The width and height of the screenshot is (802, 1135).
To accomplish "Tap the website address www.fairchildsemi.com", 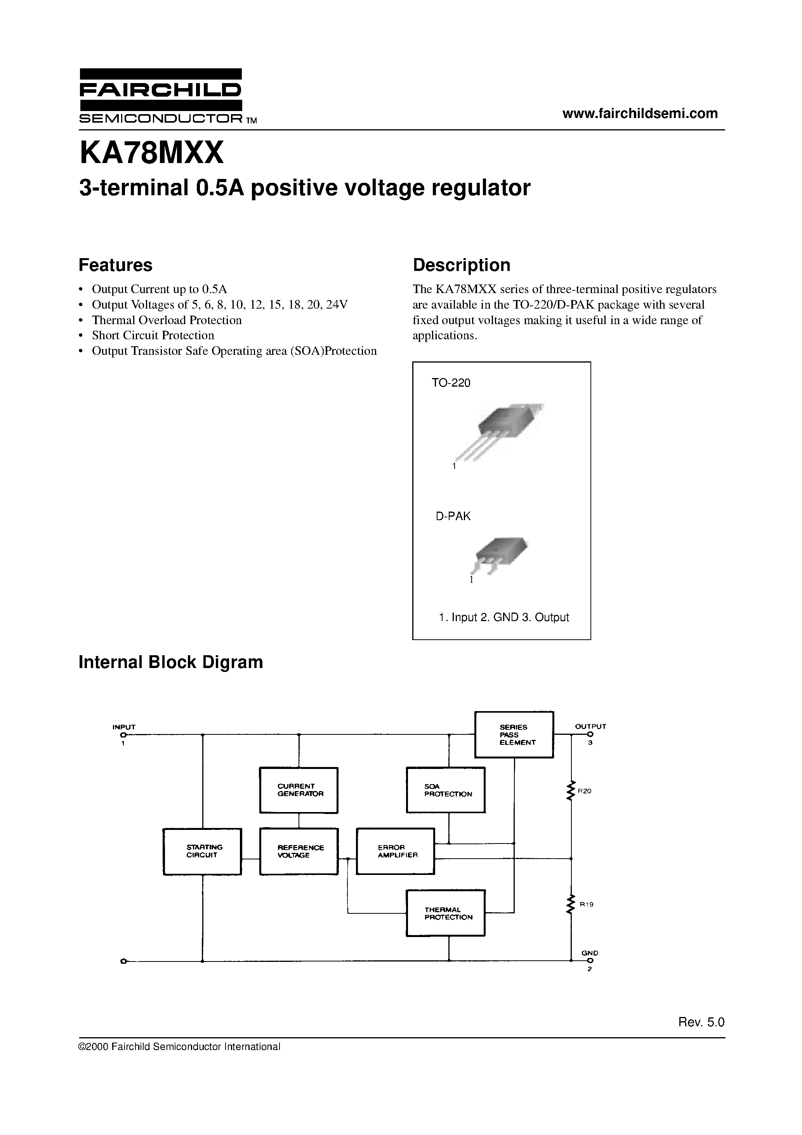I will point(640,113).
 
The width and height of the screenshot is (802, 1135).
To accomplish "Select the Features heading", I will point(115,265).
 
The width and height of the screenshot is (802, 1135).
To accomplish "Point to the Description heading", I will point(461,265).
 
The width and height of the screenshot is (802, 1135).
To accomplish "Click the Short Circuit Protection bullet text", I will point(153,335).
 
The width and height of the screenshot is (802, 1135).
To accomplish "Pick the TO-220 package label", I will point(451,383).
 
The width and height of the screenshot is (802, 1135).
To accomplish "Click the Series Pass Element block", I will point(514,734).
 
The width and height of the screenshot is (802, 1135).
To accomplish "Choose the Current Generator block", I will point(299,790).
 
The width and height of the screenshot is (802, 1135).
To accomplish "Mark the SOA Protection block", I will point(446,790).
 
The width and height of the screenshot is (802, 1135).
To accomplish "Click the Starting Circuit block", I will point(202,851).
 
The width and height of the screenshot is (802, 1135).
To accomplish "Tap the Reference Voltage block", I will point(299,851).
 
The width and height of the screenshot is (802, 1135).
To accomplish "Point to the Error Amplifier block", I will point(396,851).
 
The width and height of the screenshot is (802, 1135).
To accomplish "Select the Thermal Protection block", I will point(446,913).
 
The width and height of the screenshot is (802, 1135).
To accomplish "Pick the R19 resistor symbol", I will point(571,904).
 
